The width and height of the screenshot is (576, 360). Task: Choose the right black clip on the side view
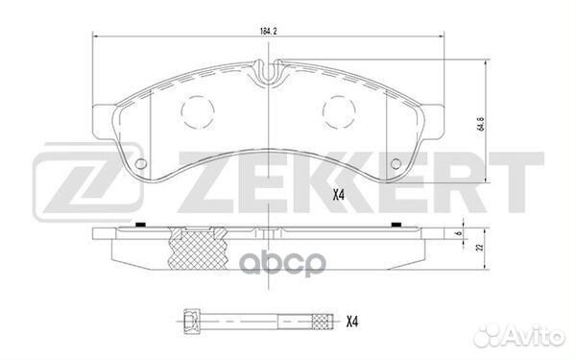[395, 226]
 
